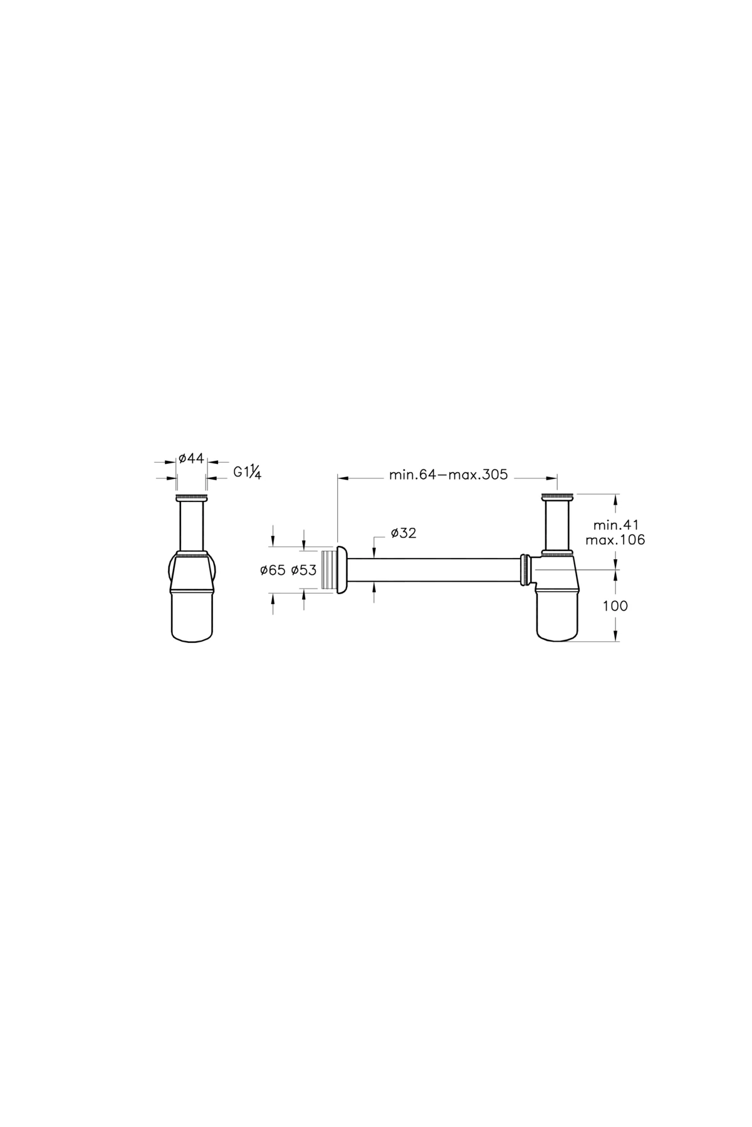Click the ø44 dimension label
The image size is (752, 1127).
point(191,458)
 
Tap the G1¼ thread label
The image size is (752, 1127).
point(247,472)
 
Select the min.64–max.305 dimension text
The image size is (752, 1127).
point(448,474)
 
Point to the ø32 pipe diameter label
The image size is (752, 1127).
point(404,533)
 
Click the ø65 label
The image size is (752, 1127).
point(273,570)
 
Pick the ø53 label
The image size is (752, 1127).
point(304,570)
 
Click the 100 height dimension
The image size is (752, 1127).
point(615,606)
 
